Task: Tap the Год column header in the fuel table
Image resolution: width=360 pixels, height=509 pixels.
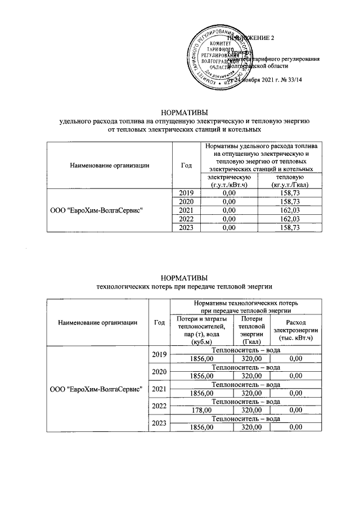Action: (187, 165)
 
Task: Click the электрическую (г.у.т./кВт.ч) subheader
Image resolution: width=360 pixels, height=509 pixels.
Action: (228, 181)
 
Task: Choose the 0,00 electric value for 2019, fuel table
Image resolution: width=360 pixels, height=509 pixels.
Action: (228, 192)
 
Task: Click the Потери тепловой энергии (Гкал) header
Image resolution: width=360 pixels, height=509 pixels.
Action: (251, 331)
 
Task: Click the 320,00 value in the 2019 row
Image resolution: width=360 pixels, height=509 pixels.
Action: (251, 358)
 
